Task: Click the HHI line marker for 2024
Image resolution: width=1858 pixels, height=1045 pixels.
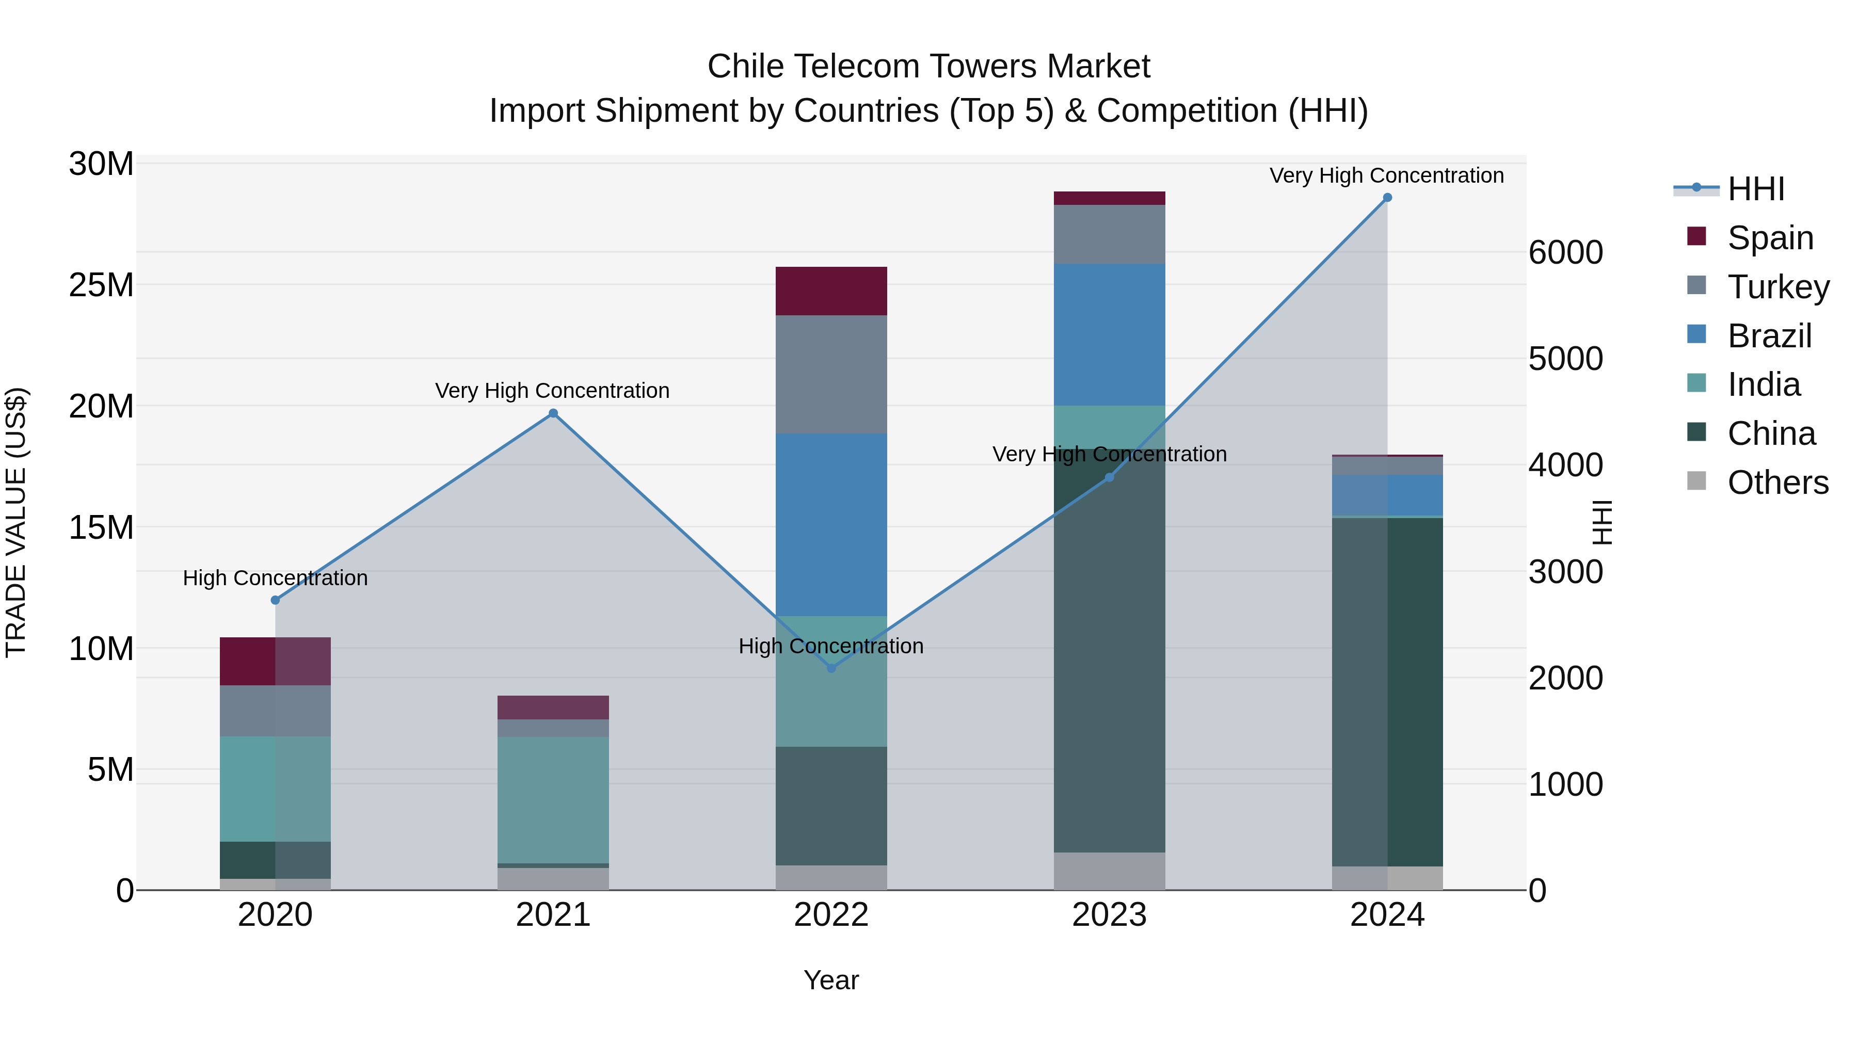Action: (x=1386, y=198)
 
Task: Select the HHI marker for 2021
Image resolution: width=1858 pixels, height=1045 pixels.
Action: (x=553, y=413)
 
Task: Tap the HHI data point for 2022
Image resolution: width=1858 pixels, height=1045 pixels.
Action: (x=831, y=668)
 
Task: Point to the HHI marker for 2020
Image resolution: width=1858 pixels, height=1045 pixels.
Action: (x=275, y=600)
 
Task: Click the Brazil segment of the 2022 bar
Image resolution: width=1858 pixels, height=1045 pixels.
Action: (x=831, y=524)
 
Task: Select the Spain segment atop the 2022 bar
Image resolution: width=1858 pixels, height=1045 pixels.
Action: (x=831, y=291)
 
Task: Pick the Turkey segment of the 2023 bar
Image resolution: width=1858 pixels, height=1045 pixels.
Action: (x=1109, y=234)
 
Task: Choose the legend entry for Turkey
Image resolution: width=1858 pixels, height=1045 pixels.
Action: (x=1778, y=286)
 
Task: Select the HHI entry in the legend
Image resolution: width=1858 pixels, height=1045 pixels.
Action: (x=1756, y=189)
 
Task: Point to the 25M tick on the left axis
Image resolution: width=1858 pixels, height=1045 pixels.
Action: (x=101, y=285)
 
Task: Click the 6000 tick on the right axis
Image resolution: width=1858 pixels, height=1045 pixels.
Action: (x=1565, y=252)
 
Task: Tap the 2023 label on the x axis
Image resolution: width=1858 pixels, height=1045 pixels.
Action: (x=1109, y=915)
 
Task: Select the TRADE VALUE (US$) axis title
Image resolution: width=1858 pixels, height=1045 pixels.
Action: (x=16, y=522)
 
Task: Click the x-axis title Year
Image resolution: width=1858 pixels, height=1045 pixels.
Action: (x=831, y=980)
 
